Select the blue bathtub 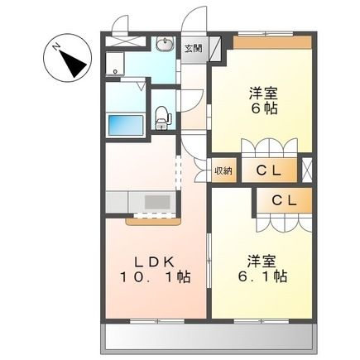(x=126, y=125)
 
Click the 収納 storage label (x=223, y=171)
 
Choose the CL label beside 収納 (x=268, y=171)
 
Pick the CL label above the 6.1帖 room (x=284, y=199)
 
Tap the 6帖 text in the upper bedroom (x=263, y=107)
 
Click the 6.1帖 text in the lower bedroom (x=262, y=276)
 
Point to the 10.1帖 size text (x=155, y=277)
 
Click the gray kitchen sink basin (x=156, y=201)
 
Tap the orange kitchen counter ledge (x=152, y=221)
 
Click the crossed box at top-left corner (x=121, y=38)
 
